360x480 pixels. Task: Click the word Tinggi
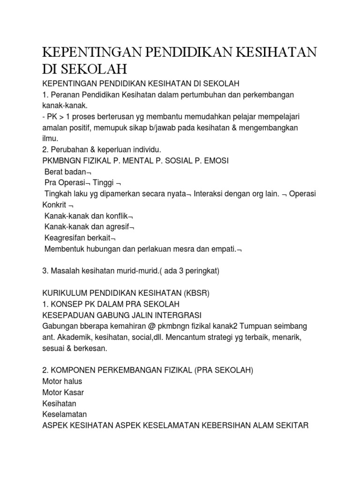102,183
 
